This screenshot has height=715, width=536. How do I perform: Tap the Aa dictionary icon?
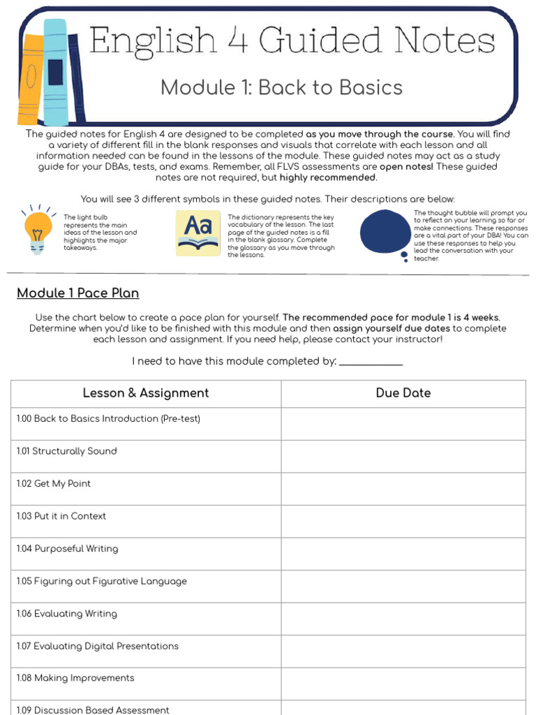[198, 233]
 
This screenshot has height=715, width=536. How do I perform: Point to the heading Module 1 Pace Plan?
[78, 293]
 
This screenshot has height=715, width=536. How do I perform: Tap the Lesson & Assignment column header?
[146, 393]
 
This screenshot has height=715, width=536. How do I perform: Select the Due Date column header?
[403, 393]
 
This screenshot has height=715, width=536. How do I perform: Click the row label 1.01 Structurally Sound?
[67, 451]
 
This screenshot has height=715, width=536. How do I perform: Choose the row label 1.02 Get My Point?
[54, 484]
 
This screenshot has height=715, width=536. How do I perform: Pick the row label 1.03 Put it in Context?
[61, 516]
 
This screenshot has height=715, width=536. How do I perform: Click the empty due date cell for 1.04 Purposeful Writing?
[403, 554]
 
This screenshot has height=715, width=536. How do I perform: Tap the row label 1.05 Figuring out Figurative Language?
[102, 581]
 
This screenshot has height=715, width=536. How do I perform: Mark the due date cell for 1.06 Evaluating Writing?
[403, 619]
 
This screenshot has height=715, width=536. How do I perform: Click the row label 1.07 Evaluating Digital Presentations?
[98, 646]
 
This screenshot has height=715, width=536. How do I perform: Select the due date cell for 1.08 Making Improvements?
[403, 684]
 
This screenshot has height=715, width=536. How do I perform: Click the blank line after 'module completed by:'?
[371, 362]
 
